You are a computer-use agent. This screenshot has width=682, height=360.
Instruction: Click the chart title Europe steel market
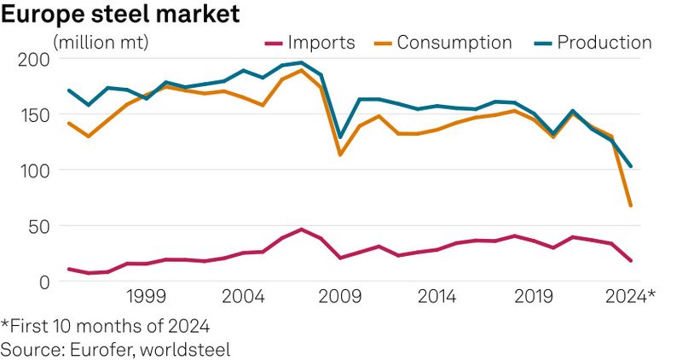tap(119, 14)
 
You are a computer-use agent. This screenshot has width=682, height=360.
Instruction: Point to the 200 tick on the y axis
tap(32, 60)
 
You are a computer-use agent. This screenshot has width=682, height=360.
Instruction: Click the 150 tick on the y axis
tap(32, 115)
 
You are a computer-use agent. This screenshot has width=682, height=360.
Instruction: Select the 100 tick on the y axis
tap(32, 171)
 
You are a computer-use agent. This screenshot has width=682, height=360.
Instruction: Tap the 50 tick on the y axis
tap(37, 226)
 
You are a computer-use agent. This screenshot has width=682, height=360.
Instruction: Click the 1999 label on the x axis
tap(146, 297)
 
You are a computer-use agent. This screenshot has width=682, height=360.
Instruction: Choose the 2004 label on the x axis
tap(244, 297)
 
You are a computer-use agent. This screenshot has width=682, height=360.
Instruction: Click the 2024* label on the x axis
tap(628, 297)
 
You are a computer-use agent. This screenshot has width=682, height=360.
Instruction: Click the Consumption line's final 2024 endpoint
tap(631, 206)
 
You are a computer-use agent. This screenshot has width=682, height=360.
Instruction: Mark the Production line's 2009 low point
tap(340, 137)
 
